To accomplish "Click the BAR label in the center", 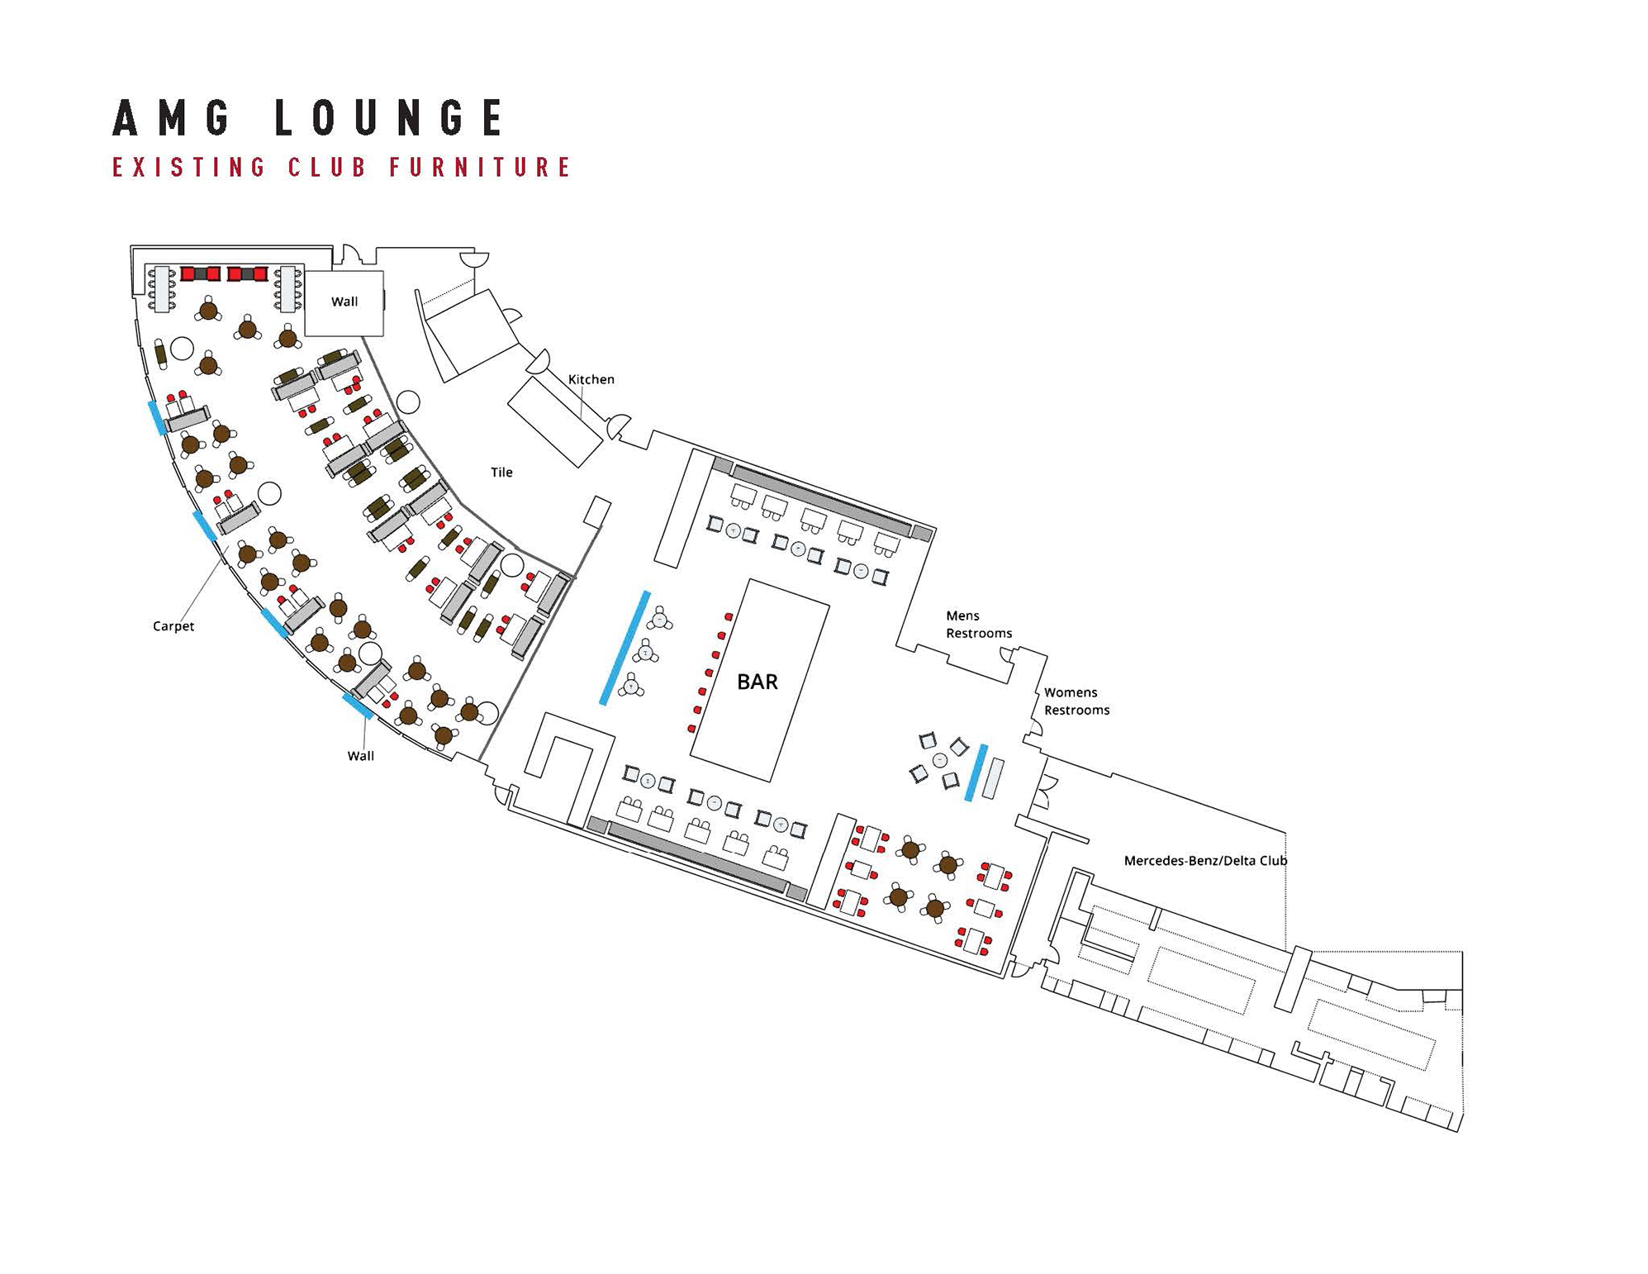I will point(757,682).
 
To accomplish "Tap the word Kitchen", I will point(591,379).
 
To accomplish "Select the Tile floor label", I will point(501,473).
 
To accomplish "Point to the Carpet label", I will point(173,626).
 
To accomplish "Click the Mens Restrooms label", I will point(978,625).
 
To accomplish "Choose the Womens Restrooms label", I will point(1076,701).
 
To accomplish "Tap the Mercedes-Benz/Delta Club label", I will point(1205,861).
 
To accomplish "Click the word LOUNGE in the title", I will point(388,118).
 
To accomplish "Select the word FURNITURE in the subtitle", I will point(480,168).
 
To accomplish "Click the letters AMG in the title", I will point(172,118).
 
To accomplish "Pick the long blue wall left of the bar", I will point(625,648).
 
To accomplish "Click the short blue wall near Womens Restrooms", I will point(976,772).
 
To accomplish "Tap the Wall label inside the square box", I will point(344,302).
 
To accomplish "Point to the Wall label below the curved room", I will point(360,756).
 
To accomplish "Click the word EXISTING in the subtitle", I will point(189,168).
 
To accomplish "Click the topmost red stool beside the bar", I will point(729,616).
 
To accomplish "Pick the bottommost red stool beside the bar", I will point(692,729).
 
